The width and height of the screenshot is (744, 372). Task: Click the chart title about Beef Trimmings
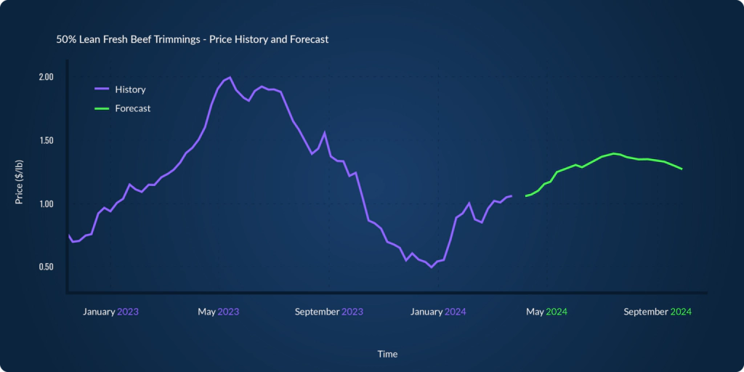point(193,39)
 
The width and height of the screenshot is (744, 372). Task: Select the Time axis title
point(387,354)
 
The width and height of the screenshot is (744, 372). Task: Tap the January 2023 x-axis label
point(110,312)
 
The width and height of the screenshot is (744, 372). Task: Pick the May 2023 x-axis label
point(218,312)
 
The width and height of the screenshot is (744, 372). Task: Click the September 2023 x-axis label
point(328,312)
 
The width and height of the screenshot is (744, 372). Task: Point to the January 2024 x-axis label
point(438,312)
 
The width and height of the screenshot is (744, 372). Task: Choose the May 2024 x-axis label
point(546,312)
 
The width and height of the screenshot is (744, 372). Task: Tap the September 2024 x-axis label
point(657,312)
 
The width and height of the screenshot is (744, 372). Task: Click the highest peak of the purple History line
point(230,77)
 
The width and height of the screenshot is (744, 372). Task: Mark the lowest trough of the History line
point(431,267)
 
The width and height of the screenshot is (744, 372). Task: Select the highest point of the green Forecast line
point(615,153)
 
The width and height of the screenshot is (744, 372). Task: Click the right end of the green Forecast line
point(682,169)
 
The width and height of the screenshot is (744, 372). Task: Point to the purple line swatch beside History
point(102,89)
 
